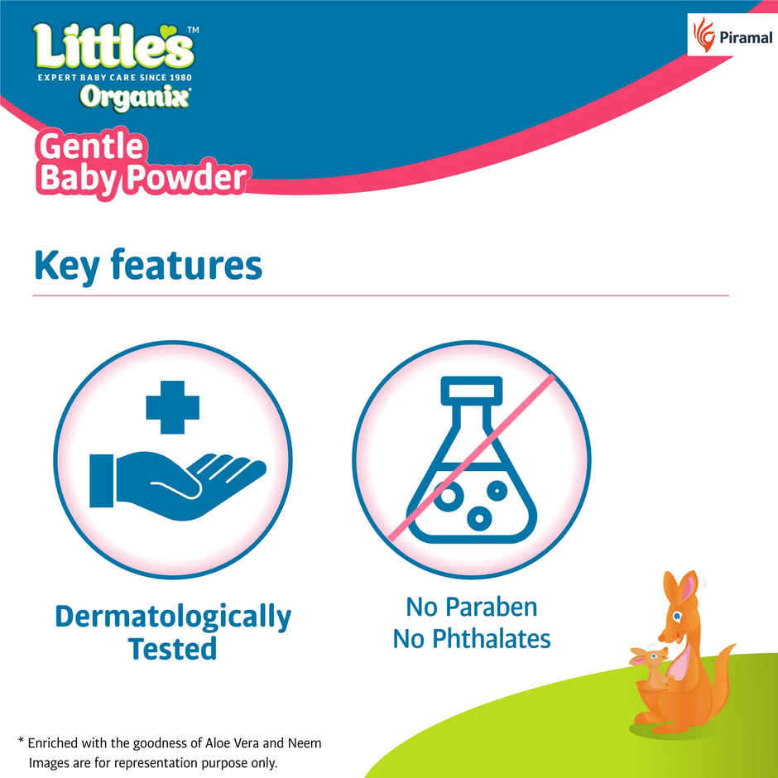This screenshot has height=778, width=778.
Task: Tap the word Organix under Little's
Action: click(135, 97)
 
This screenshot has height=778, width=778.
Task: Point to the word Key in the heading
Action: click(66, 266)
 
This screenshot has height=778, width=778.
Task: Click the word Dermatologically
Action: click(173, 617)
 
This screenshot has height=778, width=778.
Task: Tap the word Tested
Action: click(173, 649)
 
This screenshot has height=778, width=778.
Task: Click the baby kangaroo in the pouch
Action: click(651, 666)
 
